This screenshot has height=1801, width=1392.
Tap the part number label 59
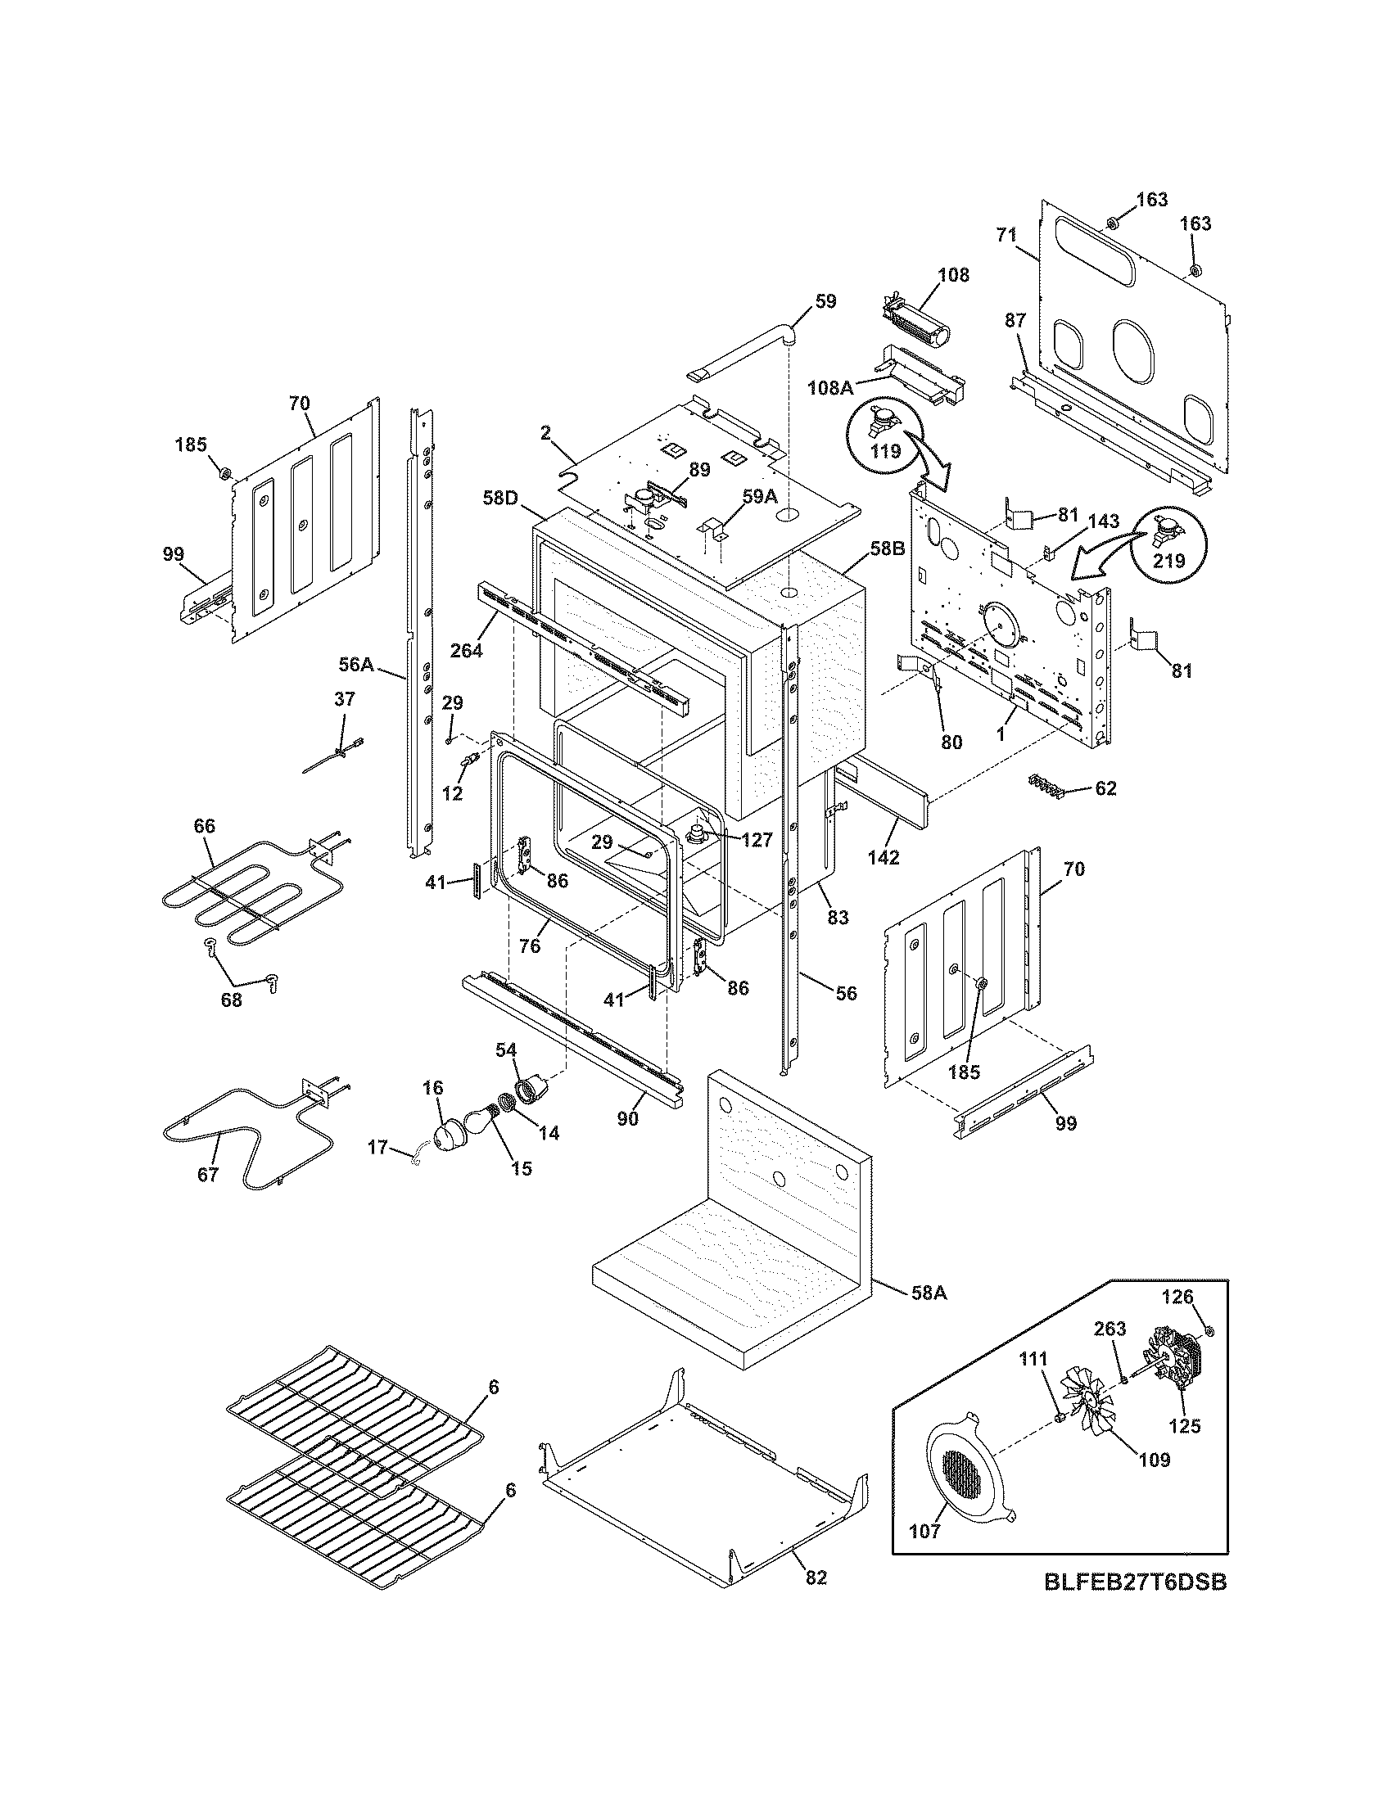(825, 302)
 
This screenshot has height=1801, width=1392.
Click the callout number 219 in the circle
(1168, 561)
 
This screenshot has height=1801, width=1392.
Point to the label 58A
(929, 1293)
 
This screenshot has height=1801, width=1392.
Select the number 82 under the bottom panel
(816, 1578)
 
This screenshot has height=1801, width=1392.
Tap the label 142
(884, 857)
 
